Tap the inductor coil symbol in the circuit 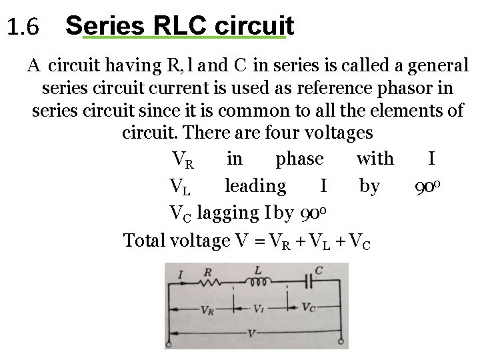[x=256, y=282]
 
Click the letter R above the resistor [x=207, y=271]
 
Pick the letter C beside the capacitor [x=319, y=271]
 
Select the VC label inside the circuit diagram [x=309, y=309]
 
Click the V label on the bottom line [x=251, y=332]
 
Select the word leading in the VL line [x=255, y=185]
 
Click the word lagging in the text [x=229, y=212]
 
